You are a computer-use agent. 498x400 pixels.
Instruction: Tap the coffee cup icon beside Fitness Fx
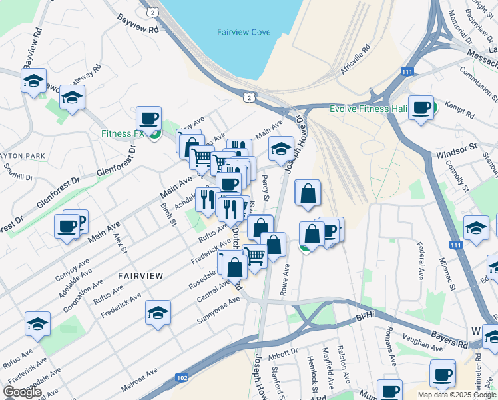149,119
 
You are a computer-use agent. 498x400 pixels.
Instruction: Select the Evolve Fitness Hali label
368,108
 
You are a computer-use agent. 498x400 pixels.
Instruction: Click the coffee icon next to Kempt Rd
421,107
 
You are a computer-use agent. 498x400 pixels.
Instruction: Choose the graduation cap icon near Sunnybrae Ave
158,311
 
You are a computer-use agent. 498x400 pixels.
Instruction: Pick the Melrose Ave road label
140,377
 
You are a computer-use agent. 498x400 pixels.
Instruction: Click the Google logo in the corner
22,391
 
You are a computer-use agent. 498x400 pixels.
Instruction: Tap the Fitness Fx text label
123,133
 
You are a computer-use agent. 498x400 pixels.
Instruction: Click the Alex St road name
119,243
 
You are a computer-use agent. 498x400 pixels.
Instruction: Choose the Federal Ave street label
420,265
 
